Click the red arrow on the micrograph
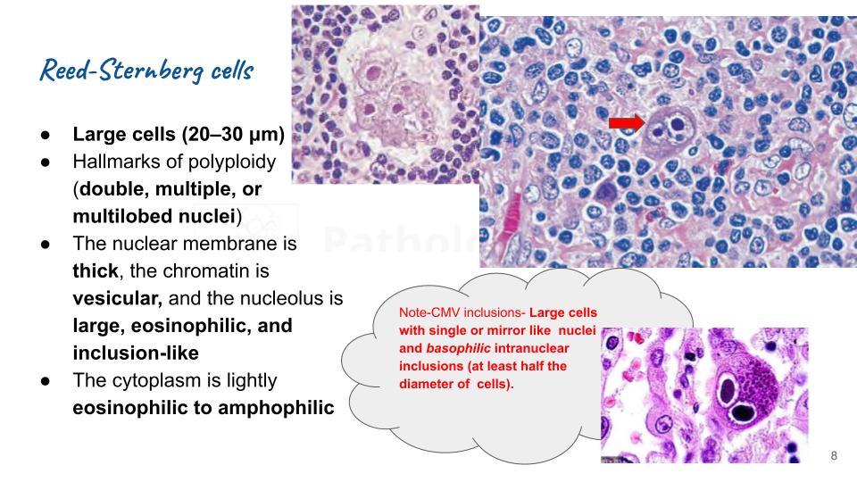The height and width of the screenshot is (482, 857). point(625,122)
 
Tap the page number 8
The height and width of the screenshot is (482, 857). point(834,456)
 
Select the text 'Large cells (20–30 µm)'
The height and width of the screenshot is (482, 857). point(179,136)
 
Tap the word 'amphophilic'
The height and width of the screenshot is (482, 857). point(266,408)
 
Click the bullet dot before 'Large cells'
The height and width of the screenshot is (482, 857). point(45,136)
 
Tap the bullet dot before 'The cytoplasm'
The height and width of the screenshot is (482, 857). point(45,381)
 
